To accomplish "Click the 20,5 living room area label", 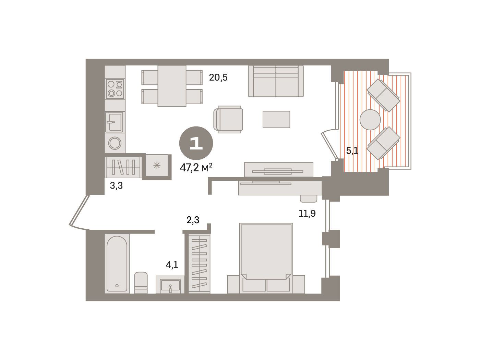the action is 218,77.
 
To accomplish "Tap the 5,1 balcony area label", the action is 352,151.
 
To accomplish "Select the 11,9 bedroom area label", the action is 307,213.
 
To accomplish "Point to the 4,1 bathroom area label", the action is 172,265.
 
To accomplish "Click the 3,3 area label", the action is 116,185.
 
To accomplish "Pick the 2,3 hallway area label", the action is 193,220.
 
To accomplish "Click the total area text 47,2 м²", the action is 196,168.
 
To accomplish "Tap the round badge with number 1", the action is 196,143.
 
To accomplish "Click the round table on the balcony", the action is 370,120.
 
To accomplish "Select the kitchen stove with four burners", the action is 115,89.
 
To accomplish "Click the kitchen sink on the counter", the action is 114,122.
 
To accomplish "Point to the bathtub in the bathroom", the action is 117,263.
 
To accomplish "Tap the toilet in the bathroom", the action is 141,283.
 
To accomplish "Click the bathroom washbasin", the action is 170,285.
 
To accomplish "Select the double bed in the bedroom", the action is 266,258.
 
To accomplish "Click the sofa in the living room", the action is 276,81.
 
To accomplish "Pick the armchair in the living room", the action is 228,119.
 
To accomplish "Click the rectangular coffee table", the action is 276,119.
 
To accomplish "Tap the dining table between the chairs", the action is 172,86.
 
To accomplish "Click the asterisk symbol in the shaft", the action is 157,165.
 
